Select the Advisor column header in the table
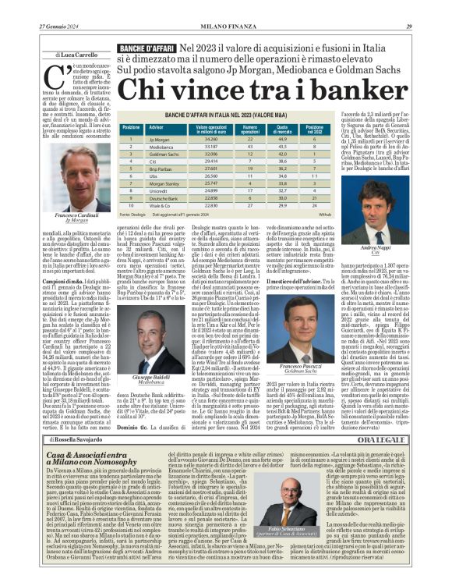pyautogui.click(x=157, y=128)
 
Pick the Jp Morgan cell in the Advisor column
pyautogui.click(x=159, y=140)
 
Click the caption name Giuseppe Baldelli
pyautogui.click(x=151, y=378)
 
